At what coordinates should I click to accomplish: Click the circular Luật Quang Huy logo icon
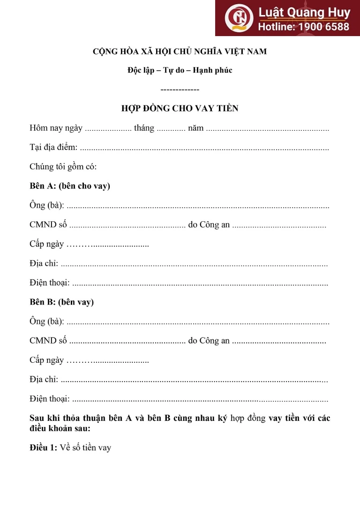click(x=239, y=17)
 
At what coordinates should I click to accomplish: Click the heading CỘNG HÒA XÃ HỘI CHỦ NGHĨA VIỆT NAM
click(x=180, y=52)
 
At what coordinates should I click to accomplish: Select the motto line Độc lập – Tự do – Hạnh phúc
click(x=180, y=70)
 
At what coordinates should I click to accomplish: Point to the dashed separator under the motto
click(x=180, y=89)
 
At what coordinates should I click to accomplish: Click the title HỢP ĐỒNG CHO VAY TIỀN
click(x=180, y=109)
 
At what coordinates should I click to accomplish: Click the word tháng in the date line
click(x=144, y=128)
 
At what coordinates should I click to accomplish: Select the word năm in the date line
click(x=195, y=128)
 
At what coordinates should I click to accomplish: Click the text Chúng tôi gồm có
click(x=63, y=166)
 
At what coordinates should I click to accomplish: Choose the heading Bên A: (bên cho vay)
click(x=70, y=186)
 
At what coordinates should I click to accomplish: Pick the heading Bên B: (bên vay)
click(x=61, y=302)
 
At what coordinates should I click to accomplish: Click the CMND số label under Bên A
click(x=48, y=225)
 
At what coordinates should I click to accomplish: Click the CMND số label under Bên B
click(x=48, y=341)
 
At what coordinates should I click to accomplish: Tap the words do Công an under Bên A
click(x=209, y=225)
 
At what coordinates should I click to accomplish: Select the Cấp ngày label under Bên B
click(x=46, y=360)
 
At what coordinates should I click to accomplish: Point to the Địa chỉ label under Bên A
click(x=44, y=263)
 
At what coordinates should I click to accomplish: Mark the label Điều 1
click(x=44, y=448)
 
